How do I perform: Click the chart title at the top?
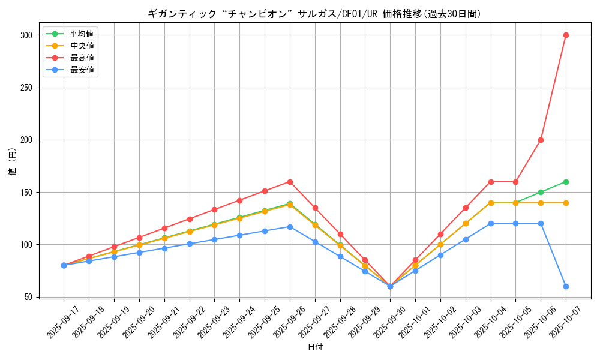click(x=314, y=14)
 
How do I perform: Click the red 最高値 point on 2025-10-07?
click(x=566, y=35)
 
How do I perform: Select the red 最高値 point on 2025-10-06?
click(x=541, y=140)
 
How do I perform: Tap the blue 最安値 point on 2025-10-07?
click(x=566, y=286)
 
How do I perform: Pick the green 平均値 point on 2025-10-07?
click(x=566, y=182)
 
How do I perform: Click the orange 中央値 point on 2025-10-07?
click(x=566, y=203)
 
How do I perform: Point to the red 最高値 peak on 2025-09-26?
click(x=290, y=182)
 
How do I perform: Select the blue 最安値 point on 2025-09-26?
click(x=290, y=227)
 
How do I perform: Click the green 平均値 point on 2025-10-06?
click(x=541, y=192)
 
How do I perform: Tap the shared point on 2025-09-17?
click(x=64, y=265)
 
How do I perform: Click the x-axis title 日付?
click(x=315, y=347)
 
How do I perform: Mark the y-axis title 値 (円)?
click(x=13, y=162)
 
